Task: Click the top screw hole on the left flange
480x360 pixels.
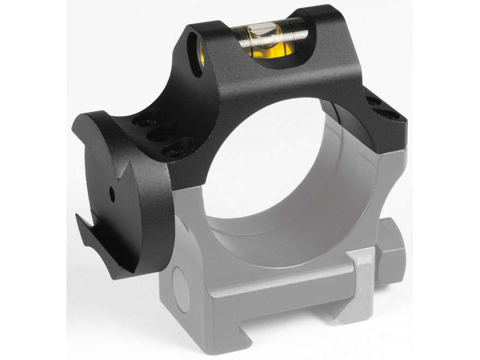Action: click(151, 117)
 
